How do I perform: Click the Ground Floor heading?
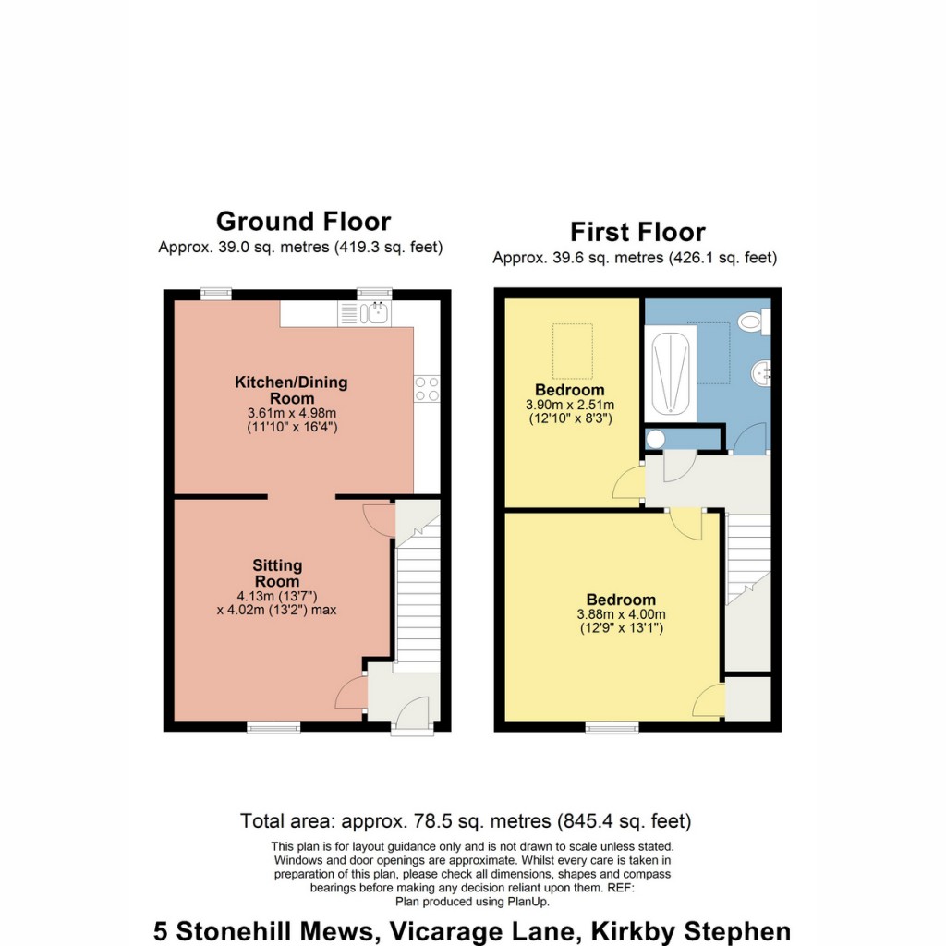pos(303,222)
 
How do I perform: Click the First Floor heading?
pos(637,231)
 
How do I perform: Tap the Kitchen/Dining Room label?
pos(291,390)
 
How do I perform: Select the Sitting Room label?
pos(278,573)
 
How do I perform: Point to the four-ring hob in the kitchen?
pos(426,389)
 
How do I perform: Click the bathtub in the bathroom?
pos(669,374)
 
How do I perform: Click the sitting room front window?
pos(273,728)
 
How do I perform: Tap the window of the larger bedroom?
pos(612,728)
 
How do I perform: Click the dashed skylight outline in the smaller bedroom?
pos(572,351)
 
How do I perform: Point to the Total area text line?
pos(466,820)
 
